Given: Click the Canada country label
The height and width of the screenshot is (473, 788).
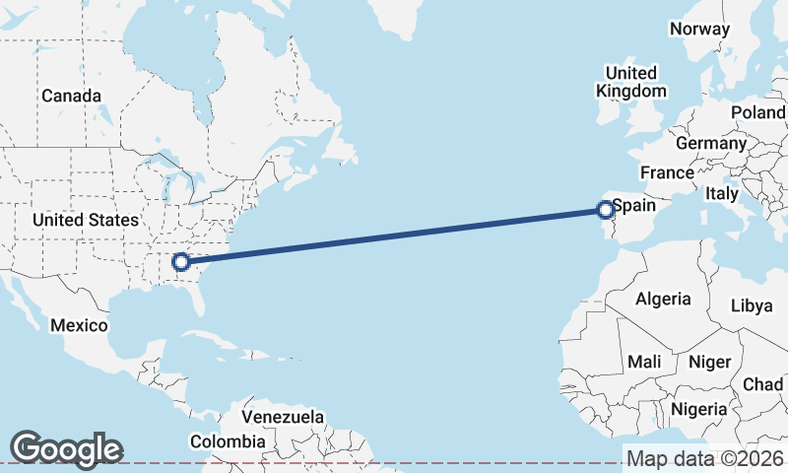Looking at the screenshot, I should point(71,96).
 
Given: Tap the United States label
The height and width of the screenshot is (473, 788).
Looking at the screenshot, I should point(85,220).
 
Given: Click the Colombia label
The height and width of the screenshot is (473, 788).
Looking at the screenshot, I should point(229,441).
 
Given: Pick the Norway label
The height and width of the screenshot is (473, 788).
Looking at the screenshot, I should point(699,29).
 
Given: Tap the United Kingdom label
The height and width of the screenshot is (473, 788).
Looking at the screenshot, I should point(631,82).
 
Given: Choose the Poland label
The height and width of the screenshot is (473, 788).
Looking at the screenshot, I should point(757,112).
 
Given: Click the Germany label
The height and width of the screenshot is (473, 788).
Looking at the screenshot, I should point(711,143).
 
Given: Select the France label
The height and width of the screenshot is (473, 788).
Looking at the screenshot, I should point(667,172).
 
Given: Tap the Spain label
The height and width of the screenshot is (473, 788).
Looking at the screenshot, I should point(634,206).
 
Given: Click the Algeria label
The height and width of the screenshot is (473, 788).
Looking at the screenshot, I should point(663,299).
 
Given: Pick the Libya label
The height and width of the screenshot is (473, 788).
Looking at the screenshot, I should point(752,305).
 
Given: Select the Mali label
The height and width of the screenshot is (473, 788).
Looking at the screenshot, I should point(644,362).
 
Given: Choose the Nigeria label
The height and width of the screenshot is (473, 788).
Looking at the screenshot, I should point(699,408).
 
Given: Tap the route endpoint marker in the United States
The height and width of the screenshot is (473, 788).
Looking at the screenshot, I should point(180,261).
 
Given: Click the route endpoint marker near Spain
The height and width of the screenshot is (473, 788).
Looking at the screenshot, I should point(606,209).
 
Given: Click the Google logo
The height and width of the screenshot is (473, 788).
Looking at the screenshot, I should point(66,448).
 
